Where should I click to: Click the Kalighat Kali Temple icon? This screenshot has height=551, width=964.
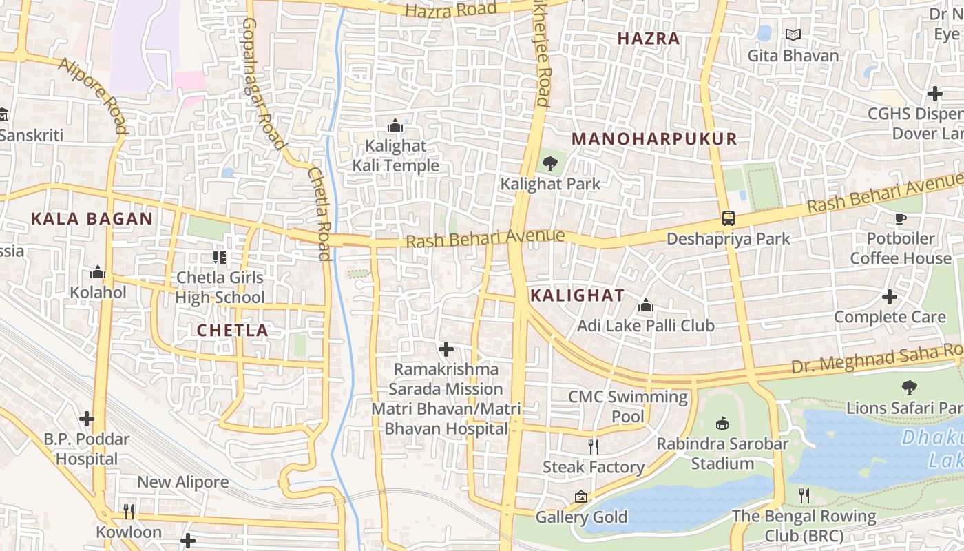[395, 125]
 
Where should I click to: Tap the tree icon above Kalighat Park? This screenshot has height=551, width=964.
[549, 163]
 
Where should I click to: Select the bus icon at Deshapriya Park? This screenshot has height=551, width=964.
[728, 218]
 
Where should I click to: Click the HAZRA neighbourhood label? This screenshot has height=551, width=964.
[649, 39]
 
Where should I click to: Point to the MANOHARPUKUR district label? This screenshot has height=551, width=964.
[654, 139]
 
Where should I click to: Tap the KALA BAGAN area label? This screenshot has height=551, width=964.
[92, 219]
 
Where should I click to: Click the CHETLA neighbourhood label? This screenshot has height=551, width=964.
[233, 330]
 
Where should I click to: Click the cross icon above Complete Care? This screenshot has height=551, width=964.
[890, 297]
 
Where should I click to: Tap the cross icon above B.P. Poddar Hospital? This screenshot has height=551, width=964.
[86, 418]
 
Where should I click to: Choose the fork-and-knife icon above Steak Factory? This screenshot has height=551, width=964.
[594, 446]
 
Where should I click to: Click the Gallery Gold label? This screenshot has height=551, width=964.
[582, 517]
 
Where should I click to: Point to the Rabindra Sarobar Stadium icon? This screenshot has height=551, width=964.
[722, 423]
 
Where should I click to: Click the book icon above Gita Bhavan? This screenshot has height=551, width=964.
[793, 34]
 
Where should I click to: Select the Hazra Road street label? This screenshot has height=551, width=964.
[450, 10]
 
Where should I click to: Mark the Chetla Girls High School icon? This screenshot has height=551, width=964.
[220, 258]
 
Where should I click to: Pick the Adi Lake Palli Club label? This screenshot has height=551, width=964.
[646, 325]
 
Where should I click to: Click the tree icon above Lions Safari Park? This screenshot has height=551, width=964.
[910, 387]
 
